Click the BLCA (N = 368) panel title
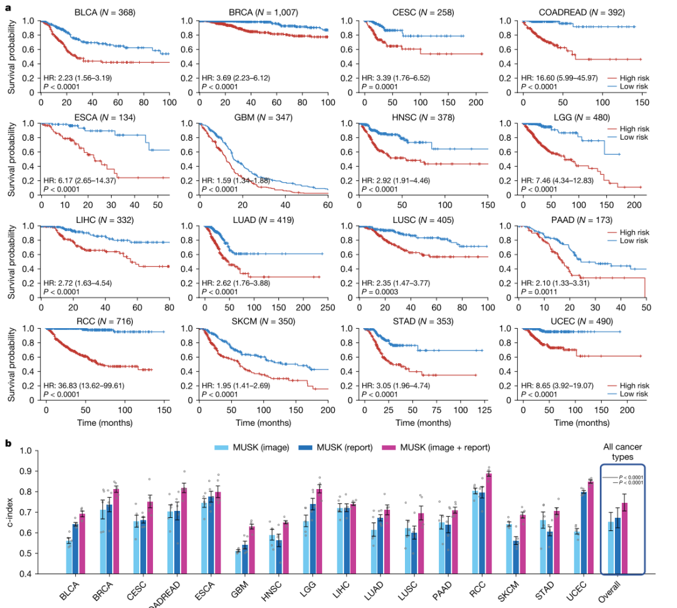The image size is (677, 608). [105, 13]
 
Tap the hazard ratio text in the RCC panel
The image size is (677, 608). [83, 386]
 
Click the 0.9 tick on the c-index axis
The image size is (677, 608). [26, 471]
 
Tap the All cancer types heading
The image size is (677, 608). [622, 451]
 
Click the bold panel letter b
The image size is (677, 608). [8, 443]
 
